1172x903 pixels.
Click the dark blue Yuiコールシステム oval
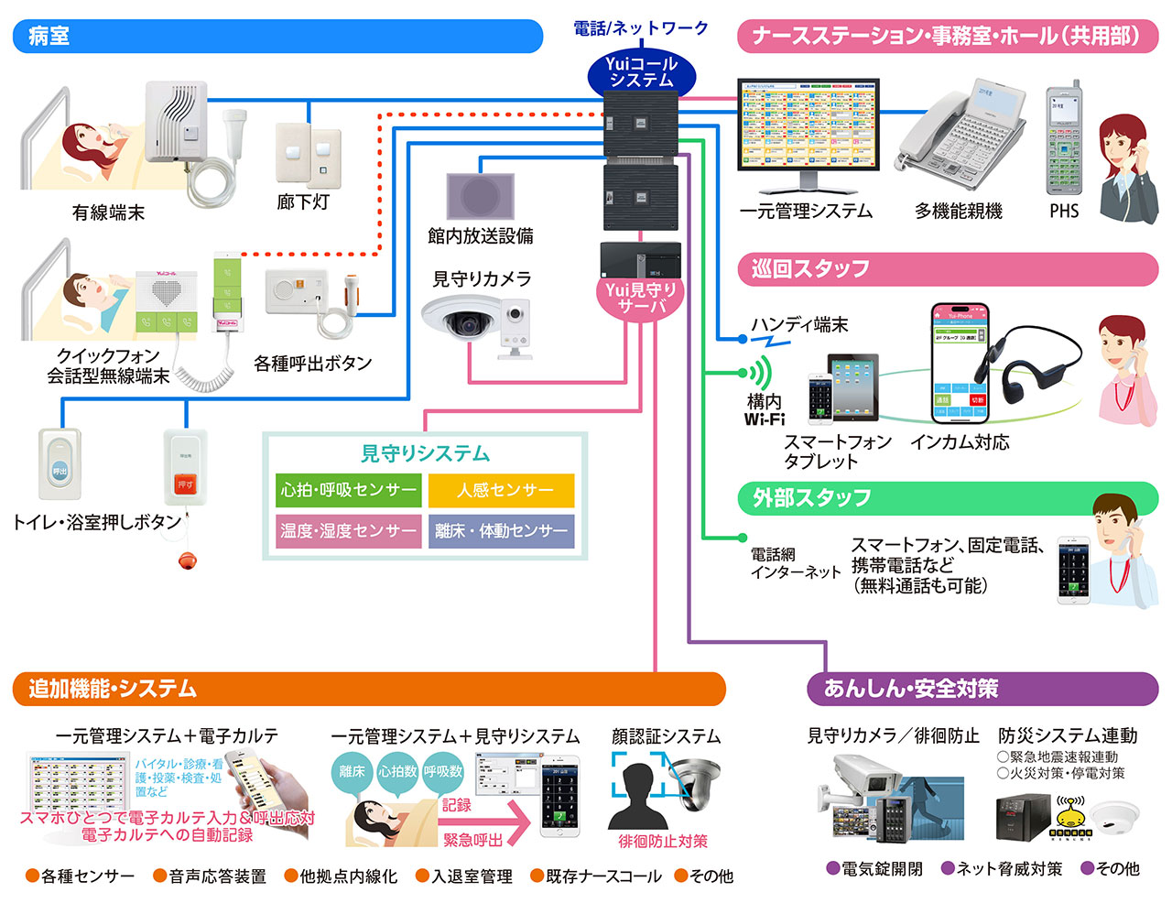(641, 72)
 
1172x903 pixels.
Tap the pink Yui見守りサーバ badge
(641, 298)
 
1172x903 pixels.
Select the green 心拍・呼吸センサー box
(349, 491)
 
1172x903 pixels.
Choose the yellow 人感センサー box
(502, 491)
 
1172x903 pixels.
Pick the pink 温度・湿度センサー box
(349, 531)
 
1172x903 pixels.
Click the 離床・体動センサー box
(502, 531)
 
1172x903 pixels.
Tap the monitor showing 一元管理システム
(808, 128)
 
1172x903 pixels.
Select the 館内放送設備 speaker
(480, 196)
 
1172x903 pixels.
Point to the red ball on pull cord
(188, 560)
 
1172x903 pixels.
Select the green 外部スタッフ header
(948, 498)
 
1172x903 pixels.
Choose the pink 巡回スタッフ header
(948, 269)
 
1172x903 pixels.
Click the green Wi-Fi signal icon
(758, 373)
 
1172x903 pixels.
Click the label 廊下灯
(303, 201)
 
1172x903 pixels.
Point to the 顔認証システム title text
(666, 736)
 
